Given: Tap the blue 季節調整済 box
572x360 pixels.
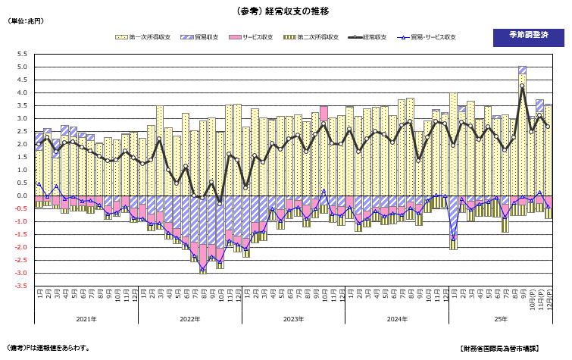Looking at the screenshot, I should click(x=523, y=37).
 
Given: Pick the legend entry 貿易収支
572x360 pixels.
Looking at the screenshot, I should click(x=205, y=37).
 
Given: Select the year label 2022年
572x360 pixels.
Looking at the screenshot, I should click(x=189, y=319).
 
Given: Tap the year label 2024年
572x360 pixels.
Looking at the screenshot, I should click(x=397, y=319).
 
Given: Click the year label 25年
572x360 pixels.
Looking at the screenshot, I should click(x=501, y=319).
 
